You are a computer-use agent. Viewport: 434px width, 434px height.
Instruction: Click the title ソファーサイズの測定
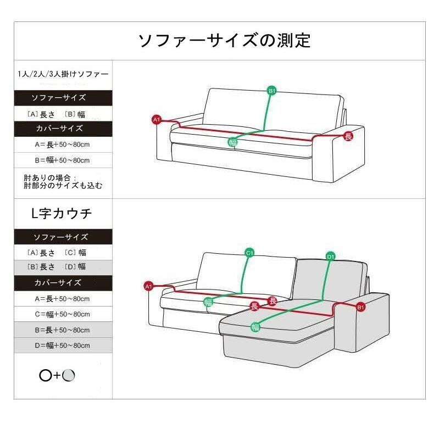coord(224,41)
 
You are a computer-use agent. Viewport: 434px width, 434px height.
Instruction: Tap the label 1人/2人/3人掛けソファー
coord(63,74)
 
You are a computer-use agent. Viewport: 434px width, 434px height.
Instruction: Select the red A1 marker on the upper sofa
coord(157,120)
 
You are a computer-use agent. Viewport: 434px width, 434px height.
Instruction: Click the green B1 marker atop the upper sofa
coord(272,91)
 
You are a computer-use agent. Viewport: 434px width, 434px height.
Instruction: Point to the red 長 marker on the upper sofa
coord(348,136)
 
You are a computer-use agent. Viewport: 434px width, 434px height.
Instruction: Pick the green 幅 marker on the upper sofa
coord(233,142)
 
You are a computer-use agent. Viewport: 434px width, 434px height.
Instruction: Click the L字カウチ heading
coord(62,213)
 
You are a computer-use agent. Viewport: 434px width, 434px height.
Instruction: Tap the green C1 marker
coord(249,253)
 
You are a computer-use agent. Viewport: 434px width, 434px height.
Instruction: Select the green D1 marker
coord(331,257)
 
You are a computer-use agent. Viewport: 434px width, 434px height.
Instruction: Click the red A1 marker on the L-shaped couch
coord(149,286)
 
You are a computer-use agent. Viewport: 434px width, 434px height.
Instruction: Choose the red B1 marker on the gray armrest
coord(360,307)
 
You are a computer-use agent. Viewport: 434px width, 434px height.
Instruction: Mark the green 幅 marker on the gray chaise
coord(255,327)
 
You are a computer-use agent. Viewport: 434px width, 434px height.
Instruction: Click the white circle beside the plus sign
coord(46,376)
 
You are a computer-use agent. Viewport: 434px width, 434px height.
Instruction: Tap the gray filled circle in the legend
coord(68,375)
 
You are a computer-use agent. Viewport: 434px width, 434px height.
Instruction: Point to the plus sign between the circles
coord(57,376)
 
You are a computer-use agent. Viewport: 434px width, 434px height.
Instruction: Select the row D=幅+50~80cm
coord(62,346)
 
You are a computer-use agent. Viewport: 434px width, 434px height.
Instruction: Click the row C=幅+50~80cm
coord(62,314)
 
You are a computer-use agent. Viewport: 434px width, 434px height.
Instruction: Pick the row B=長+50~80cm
coord(62,330)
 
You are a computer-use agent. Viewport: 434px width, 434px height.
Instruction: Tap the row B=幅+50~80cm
coord(62,160)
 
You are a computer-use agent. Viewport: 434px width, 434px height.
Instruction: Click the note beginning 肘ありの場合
coord(63,182)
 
